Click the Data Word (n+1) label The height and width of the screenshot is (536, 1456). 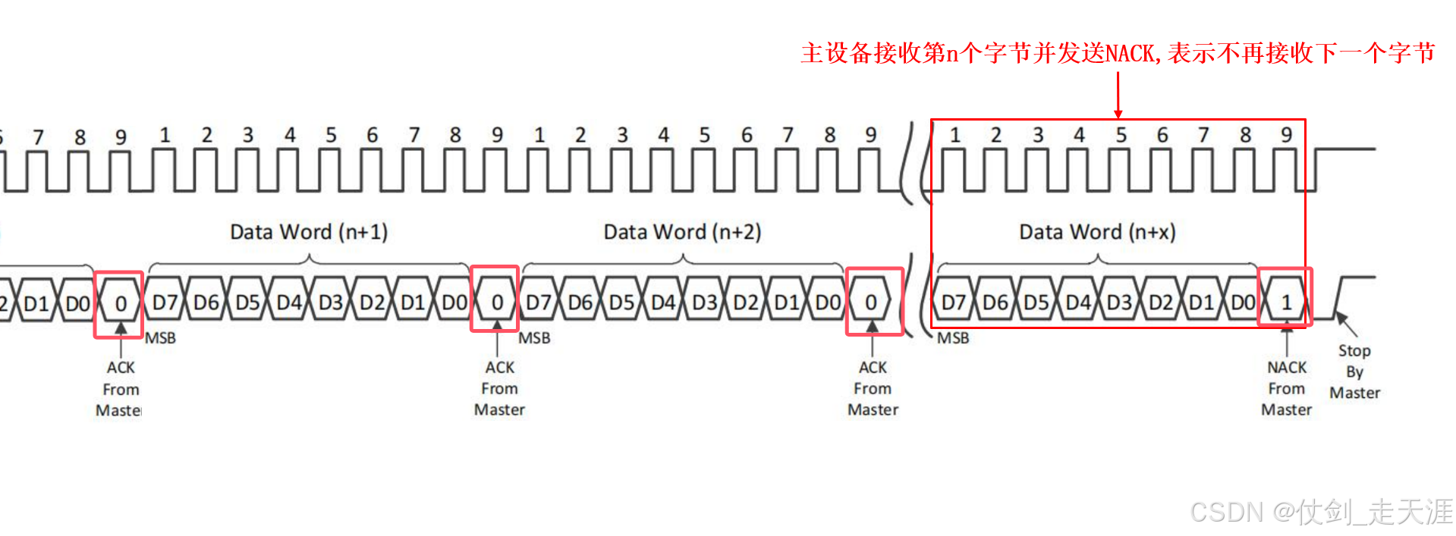[309, 232]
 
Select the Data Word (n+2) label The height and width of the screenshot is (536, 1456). [682, 232]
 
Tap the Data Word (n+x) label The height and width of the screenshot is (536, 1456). [1097, 232]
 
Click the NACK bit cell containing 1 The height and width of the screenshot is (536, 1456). [1286, 303]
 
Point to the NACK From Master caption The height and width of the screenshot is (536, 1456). [1287, 388]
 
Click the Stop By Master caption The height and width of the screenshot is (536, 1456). [1354, 371]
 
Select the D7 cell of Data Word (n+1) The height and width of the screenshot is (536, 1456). [165, 303]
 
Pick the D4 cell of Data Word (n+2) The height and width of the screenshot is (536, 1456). [662, 303]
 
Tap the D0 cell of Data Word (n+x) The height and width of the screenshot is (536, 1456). [1243, 303]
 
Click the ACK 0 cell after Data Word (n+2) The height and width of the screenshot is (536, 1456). [871, 303]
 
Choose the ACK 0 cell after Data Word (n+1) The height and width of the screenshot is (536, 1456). [497, 303]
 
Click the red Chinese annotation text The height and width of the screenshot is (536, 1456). [1118, 53]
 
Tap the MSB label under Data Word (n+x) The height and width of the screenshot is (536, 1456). [953, 338]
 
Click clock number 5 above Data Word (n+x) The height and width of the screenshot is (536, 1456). [1121, 136]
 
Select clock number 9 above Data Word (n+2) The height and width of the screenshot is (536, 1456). [871, 135]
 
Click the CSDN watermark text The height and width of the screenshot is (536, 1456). [1321, 512]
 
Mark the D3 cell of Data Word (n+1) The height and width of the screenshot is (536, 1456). [331, 303]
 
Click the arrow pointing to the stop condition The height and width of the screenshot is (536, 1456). [1346, 324]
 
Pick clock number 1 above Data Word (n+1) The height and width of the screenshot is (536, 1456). [165, 135]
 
